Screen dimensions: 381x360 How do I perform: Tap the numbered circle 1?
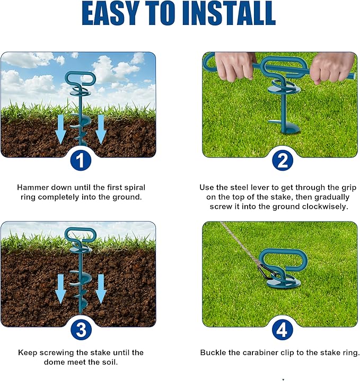[81, 161]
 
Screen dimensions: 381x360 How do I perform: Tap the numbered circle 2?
[282, 161]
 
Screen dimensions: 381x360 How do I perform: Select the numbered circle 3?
[81, 330]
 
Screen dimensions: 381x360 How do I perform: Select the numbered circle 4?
[282, 330]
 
